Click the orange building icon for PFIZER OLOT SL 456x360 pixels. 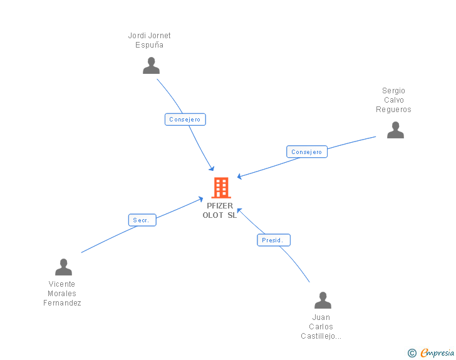(x=220, y=187)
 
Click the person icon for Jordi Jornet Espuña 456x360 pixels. (x=151, y=66)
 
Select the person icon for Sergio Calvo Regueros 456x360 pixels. (x=395, y=130)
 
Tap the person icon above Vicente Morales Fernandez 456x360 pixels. (x=63, y=267)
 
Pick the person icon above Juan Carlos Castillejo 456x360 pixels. (x=323, y=301)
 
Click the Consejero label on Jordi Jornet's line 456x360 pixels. (x=185, y=119)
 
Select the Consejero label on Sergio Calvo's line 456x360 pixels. (x=307, y=152)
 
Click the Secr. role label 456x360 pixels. (x=142, y=220)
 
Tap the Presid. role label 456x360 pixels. (x=274, y=240)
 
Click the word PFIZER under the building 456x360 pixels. (x=220, y=205)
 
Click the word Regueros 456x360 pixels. (x=393, y=110)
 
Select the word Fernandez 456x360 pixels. (x=62, y=303)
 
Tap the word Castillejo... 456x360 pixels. (x=320, y=336)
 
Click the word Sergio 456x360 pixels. (x=393, y=91)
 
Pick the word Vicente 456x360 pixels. (x=61, y=284)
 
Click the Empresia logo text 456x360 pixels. (x=437, y=353)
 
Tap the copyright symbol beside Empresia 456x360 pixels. (x=412, y=353)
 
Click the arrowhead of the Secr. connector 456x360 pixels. (x=200, y=200)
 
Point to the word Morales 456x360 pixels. (x=62, y=294)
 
